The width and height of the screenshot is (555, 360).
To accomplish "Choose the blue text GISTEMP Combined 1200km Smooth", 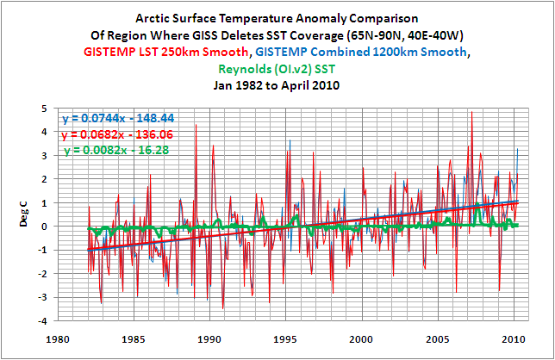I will (x=377, y=52).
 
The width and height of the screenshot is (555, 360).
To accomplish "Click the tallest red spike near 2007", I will (x=471, y=113).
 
